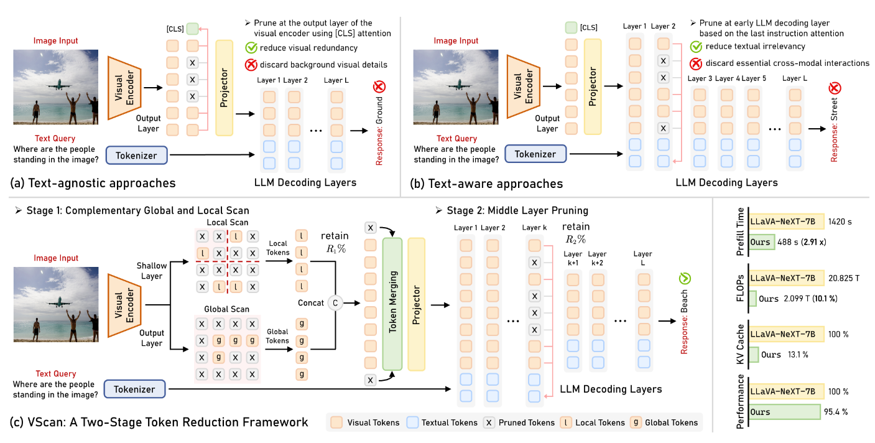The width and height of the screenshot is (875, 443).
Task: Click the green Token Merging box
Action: (x=392, y=304)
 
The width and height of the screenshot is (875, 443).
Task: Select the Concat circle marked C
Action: (x=335, y=303)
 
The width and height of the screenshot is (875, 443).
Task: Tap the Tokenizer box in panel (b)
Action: (x=535, y=154)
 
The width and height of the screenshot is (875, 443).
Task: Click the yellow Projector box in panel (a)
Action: (x=224, y=88)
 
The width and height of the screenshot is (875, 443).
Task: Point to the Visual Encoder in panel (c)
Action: (x=124, y=305)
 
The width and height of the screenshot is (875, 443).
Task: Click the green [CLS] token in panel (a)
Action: (x=192, y=29)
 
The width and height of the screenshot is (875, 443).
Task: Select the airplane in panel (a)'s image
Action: (x=59, y=85)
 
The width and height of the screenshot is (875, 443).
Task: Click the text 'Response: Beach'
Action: (x=684, y=322)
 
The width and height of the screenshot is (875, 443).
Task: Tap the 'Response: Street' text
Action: (x=834, y=130)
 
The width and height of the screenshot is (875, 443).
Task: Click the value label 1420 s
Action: (x=840, y=222)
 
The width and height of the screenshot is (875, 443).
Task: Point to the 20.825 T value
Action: (x=844, y=278)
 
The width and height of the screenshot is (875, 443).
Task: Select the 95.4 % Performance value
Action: (x=836, y=412)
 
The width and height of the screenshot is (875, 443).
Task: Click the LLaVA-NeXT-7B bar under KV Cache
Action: (x=786, y=334)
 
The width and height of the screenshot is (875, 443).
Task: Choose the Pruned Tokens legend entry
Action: (x=519, y=422)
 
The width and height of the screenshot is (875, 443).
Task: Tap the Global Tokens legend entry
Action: (x=664, y=422)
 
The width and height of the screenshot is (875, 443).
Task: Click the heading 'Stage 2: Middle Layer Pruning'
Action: (x=512, y=210)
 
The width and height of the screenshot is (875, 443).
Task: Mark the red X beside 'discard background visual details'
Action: (x=251, y=65)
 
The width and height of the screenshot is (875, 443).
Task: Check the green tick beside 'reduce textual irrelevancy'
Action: (x=696, y=47)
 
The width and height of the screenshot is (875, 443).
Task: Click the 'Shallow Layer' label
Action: (x=152, y=271)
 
